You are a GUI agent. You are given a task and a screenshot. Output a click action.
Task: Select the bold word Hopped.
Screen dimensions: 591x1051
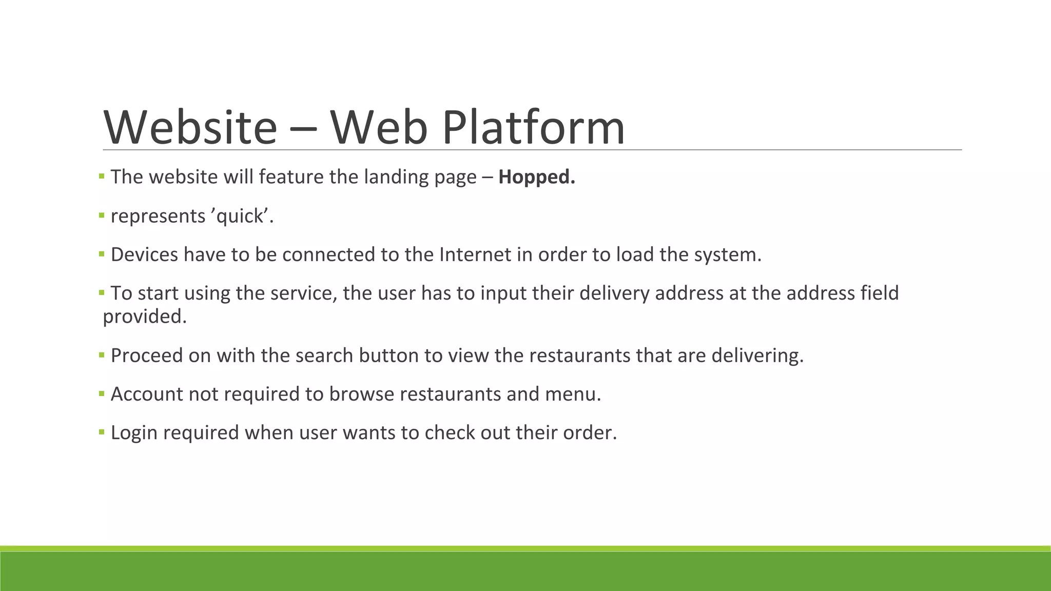pos(537,177)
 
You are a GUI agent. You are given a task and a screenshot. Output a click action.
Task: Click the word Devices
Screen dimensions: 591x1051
pos(144,254)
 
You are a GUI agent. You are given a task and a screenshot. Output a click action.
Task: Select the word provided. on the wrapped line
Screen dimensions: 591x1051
pos(145,317)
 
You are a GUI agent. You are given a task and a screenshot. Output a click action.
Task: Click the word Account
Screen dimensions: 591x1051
pos(146,394)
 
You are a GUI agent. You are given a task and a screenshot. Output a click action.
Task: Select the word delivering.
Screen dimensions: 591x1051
pos(757,356)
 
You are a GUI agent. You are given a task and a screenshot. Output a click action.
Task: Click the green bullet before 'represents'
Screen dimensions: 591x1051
pos(102,215)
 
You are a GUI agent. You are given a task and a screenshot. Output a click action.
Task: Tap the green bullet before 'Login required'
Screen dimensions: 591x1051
pos(102,432)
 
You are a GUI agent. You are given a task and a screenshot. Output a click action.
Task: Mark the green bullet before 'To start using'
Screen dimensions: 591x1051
pos(102,292)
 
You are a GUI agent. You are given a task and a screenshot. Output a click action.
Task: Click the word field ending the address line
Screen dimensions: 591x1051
pos(880,293)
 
